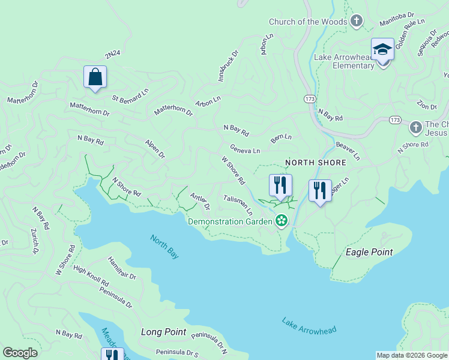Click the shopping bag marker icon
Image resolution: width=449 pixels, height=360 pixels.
[x=95, y=77]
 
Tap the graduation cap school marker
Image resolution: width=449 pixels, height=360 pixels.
[x=382, y=50]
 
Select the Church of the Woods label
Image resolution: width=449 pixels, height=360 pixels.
[x=307, y=22]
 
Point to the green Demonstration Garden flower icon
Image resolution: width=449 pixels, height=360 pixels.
[x=281, y=221]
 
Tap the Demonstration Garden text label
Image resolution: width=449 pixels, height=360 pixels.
[x=231, y=221]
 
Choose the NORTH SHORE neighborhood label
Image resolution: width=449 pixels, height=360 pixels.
[x=316, y=163]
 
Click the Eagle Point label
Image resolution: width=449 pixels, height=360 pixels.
[x=370, y=252]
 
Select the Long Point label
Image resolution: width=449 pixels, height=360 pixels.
[x=163, y=332]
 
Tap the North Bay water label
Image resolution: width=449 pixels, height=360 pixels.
[x=164, y=247]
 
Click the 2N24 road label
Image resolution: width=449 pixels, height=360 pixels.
[x=112, y=55]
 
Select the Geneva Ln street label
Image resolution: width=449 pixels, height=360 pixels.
[x=245, y=149]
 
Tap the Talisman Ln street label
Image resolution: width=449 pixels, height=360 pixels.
[x=238, y=205]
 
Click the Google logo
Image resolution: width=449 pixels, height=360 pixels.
[x=20, y=353]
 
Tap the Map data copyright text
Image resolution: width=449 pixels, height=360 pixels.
[x=412, y=355]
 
